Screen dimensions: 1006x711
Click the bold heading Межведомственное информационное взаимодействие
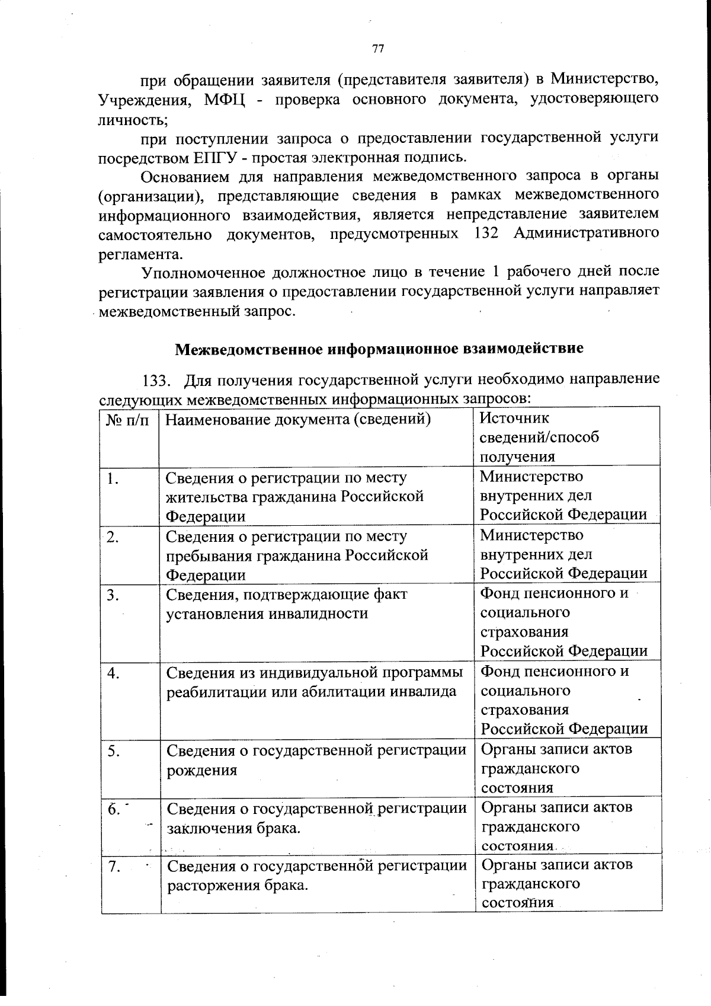(x=379, y=349)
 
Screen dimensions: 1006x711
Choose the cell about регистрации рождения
(x=316, y=760)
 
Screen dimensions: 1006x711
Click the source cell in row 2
(x=563, y=554)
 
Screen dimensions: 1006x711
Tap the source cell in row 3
(x=563, y=622)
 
